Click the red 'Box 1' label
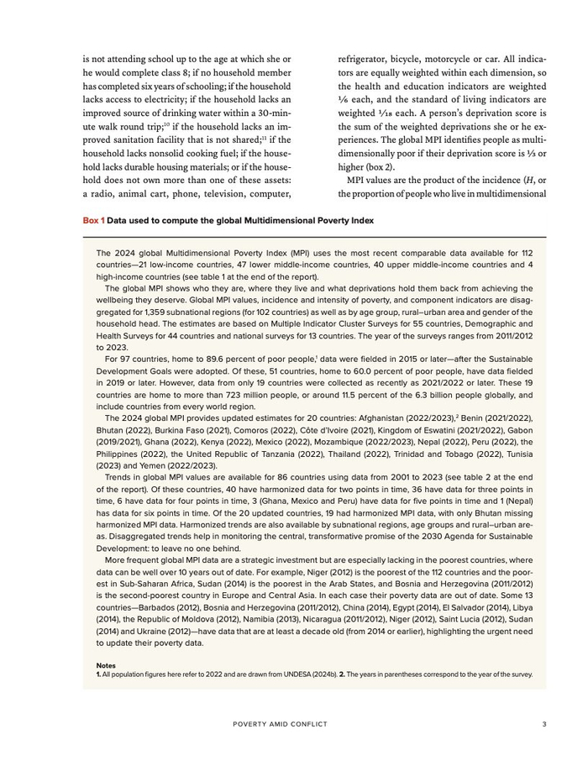(x=92, y=220)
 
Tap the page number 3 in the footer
(x=544, y=724)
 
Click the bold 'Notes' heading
(x=106, y=664)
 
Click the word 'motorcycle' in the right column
(x=459, y=60)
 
